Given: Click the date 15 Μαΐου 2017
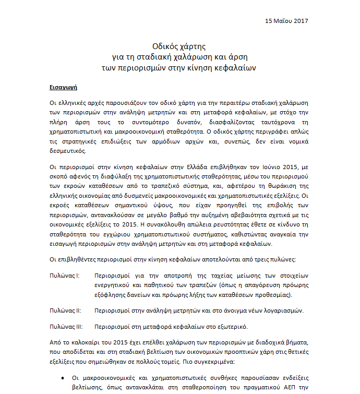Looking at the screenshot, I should coord(286,21).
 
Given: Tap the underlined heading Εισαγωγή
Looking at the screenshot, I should coord(63,85).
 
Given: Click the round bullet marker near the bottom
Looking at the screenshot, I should coord(63,378).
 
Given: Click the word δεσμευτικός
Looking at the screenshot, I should coord(65,151).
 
